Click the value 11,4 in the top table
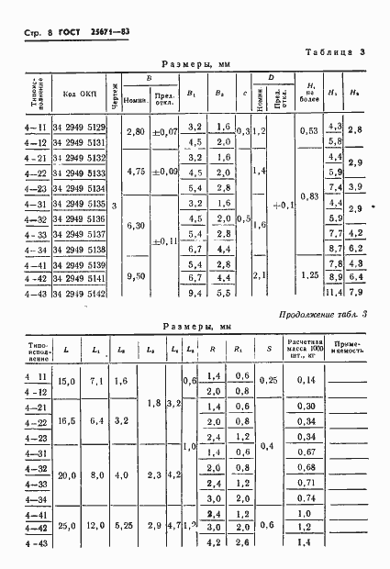[334, 294]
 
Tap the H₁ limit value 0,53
[309, 133]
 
